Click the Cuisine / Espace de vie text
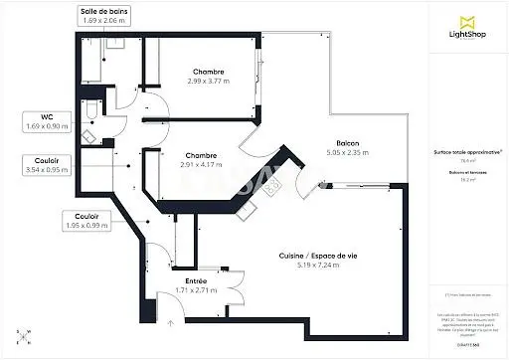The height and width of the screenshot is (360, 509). click(319, 256)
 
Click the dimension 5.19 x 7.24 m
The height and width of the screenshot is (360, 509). click(319, 265)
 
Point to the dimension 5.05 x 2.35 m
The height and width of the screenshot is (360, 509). click(347, 153)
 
